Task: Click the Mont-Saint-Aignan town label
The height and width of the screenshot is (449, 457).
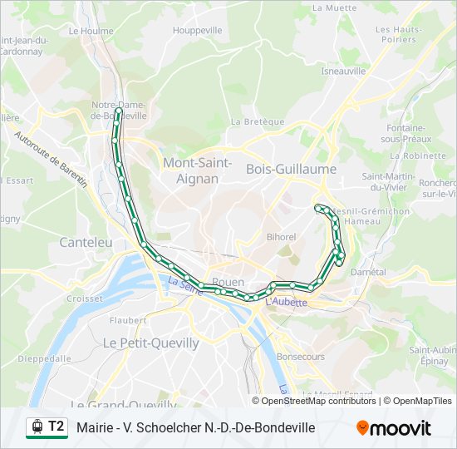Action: point(197,170)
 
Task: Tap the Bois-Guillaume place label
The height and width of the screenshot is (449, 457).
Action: point(291,169)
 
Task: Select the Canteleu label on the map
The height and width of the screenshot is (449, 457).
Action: point(86,242)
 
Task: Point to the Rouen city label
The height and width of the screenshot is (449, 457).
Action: point(228,282)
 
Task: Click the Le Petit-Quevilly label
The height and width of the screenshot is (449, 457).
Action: point(150,342)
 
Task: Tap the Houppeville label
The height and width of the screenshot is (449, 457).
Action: point(198,30)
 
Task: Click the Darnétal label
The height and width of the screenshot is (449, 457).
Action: point(368,272)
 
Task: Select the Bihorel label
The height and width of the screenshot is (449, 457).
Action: point(281,237)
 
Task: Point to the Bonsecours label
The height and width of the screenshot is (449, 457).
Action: point(300,356)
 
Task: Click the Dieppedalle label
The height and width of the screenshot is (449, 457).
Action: point(44,358)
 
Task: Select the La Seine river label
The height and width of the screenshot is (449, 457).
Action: point(185,286)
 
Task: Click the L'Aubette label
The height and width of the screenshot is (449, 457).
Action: point(286,303)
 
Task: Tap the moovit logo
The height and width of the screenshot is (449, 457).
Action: point(394,428)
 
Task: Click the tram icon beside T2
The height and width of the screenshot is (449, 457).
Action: point(37,427)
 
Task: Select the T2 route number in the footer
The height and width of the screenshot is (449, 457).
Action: point(56,427)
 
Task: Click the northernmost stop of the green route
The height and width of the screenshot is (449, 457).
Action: point(119,110)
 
